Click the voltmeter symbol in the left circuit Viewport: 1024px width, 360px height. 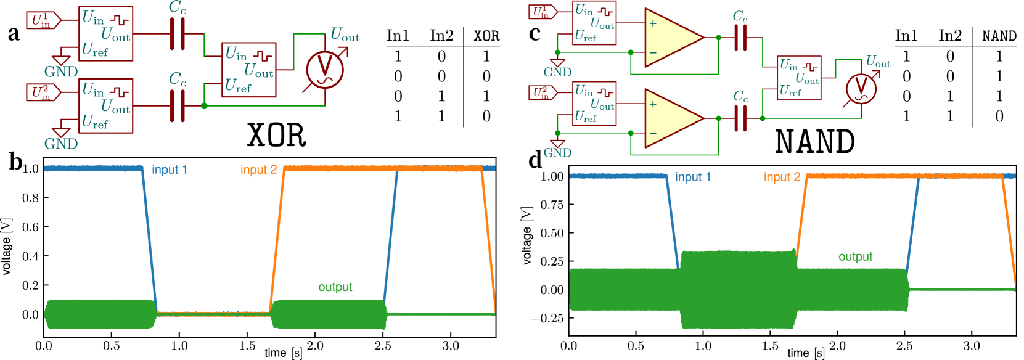coord(325,69)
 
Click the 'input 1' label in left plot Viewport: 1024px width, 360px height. coord(170,170)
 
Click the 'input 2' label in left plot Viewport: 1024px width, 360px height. coord(258,170)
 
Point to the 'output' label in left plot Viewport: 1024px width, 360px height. coord(335,287)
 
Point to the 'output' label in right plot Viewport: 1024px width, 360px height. coord(855,256)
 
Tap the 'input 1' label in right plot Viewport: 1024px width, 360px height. coord(692,177)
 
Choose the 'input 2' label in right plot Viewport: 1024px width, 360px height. coord(782,177)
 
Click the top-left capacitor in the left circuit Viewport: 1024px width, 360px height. coord(178,34)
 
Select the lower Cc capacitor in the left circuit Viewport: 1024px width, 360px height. coord(178,106)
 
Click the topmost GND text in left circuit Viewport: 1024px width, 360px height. coord(61,72)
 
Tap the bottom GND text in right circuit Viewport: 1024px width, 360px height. coord(557,152)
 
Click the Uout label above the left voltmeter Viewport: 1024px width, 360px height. coord(345,35)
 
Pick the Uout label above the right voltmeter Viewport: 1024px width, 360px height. coord(878,62)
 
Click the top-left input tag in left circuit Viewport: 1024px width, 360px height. coord(43,21)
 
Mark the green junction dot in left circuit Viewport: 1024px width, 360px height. coord(204,106)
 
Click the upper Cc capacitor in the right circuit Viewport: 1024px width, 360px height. coord(740,38)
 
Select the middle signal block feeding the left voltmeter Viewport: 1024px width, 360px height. coord(249,70)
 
